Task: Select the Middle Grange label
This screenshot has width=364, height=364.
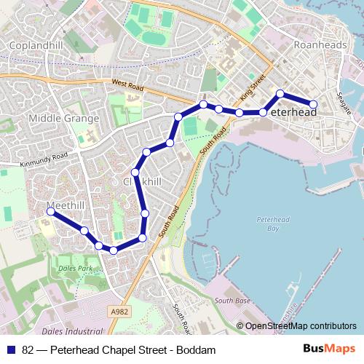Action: pos(63,118)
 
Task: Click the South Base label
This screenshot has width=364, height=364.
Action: pos(233,300)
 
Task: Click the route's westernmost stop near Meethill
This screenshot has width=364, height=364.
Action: pos(50,212)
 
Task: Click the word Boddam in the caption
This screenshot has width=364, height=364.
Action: pos(197,350)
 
